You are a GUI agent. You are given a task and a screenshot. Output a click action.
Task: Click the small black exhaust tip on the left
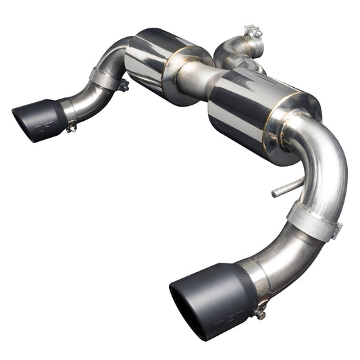coord(41,120)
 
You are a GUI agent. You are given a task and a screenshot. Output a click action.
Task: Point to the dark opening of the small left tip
coord(24,122)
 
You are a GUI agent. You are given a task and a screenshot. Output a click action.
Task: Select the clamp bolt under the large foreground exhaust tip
coord(259,312)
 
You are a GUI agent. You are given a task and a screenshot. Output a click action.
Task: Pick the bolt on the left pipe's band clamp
coord(124,86)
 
